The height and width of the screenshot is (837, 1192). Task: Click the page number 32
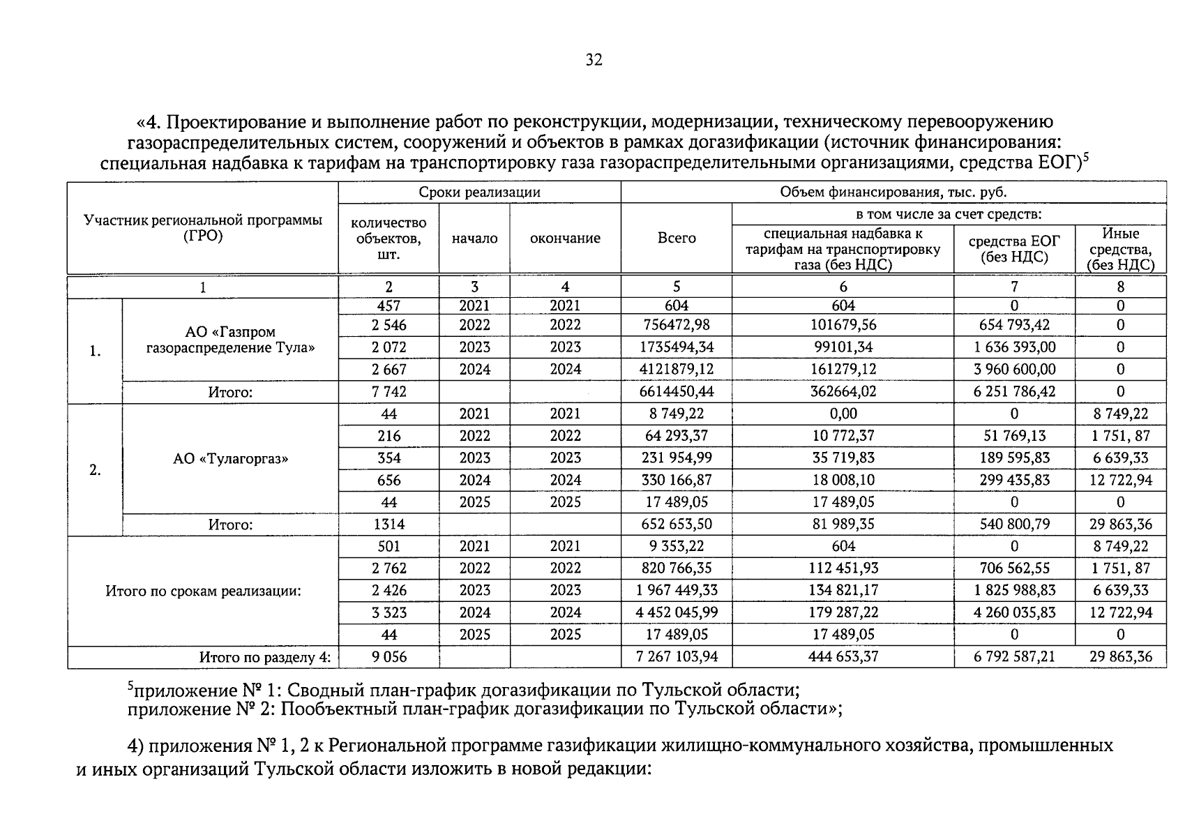[594, 60]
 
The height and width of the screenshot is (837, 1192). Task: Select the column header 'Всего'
[676, 239]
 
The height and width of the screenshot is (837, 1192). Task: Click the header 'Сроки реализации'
[479, 193]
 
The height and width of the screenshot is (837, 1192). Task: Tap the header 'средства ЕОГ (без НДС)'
[1013, 249]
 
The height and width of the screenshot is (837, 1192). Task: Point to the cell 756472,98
[676, 325]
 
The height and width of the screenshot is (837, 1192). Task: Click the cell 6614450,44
[676, 392]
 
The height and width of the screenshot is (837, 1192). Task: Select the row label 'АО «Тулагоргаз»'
[230, 459]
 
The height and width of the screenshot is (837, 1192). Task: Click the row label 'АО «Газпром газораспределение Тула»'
[230, 340]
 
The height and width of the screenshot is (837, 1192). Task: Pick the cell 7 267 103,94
[676, 657]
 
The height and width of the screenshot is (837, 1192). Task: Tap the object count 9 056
[388, 657]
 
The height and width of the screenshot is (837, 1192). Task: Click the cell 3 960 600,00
[1013, 370]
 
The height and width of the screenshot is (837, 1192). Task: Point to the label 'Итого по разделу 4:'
[264, 657]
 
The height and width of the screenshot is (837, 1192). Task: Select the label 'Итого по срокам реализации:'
[203, 591]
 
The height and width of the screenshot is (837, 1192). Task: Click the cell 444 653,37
[843, 657]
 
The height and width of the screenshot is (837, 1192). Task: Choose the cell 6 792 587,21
[1013, 657]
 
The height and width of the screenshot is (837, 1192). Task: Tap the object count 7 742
[388, 392]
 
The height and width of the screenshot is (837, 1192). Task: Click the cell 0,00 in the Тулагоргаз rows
[843, 414]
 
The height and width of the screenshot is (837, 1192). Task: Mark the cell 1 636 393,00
[1013, 347]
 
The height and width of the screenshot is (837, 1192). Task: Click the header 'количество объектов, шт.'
[388, 239]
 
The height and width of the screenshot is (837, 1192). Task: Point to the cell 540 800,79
[1013, 525]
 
